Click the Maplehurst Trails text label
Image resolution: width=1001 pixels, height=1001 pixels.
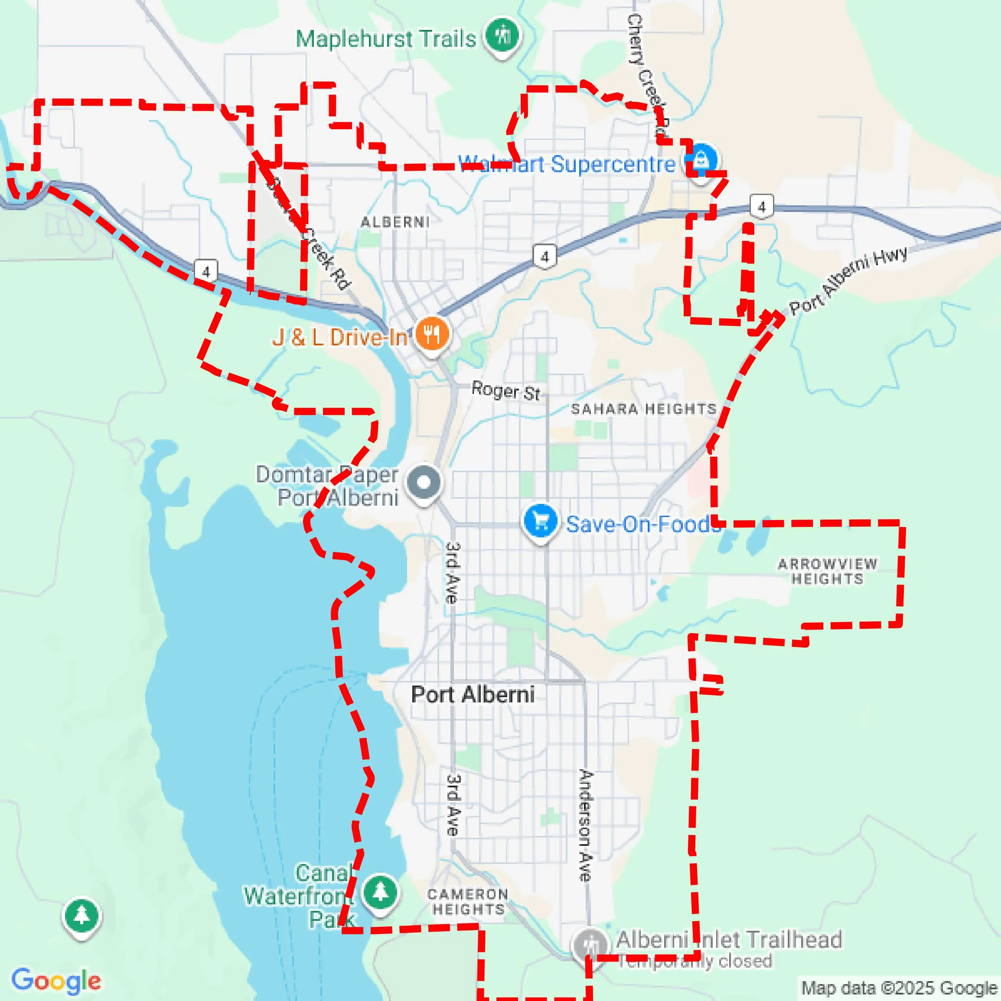coord(386,39)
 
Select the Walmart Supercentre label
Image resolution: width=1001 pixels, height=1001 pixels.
coord(566,164)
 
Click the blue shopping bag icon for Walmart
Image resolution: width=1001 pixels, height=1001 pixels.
coord(701,159)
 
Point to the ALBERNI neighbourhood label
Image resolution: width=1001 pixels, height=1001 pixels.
coord(395,222)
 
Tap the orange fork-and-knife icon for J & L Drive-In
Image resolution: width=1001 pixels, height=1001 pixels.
coord(432,334)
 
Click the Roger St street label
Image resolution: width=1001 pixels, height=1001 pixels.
coord(505,391)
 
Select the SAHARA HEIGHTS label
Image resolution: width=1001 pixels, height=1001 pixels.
coord(644,409)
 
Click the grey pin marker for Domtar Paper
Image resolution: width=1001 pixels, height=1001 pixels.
coord(424,482)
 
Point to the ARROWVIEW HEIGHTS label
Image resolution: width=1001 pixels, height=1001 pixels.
coord(828,571)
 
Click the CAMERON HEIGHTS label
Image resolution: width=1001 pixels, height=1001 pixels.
coord(468,902)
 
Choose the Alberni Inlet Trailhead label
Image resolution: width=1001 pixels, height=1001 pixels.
coord(729,939)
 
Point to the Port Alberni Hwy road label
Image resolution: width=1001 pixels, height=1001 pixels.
coord(848,280)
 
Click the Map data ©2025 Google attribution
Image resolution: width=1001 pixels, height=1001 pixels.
coord(900,988)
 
